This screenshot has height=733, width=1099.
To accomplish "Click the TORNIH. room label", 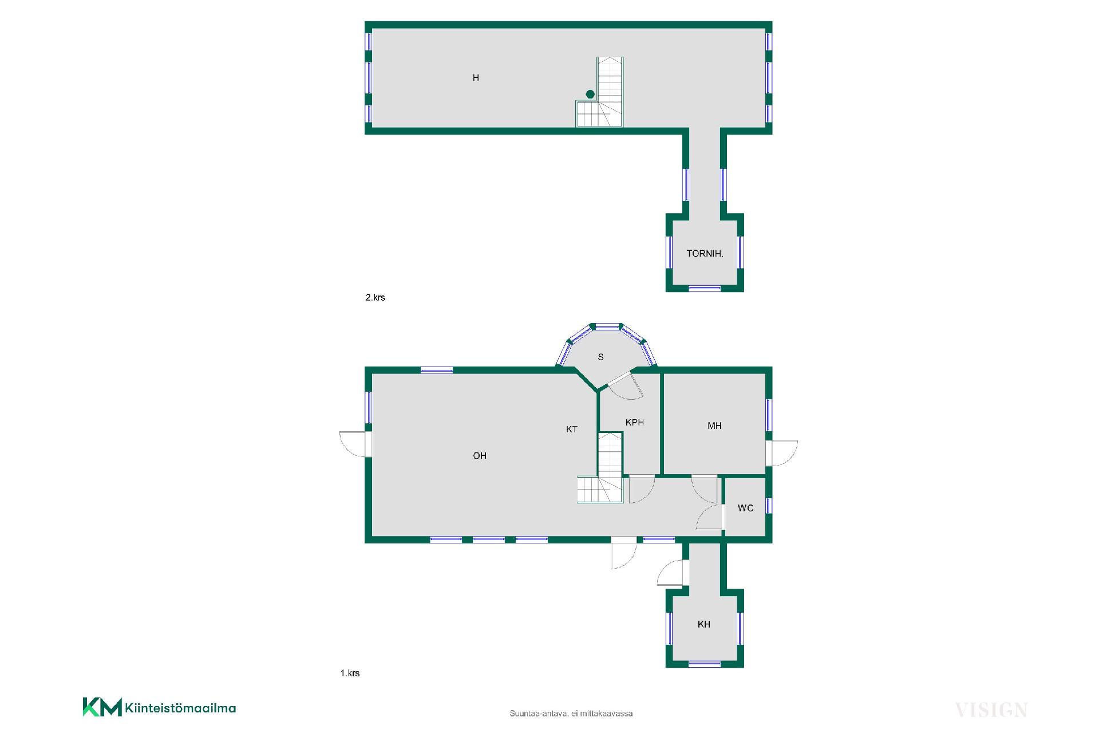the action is click(x=705, y=254).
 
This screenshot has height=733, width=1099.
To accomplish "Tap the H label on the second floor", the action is click(x=476, y=78).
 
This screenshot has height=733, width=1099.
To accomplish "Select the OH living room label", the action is click(x=480, y=456).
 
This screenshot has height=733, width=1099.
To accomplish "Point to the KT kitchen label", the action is click(x=572, y=429).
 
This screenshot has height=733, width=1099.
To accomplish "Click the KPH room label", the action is click(x=635, y=423).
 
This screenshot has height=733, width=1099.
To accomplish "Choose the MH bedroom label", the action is click(x=714, y=426).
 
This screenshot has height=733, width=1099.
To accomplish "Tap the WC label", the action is click(x=745, y=509).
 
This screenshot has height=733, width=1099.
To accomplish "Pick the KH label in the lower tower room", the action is click(x=704, y=625).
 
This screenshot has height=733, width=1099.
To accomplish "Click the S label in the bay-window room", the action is click(x=600, y=357).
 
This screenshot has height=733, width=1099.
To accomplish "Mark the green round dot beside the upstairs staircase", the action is click(x=590, y=94).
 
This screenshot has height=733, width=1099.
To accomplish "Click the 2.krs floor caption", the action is click(x=375, y=298).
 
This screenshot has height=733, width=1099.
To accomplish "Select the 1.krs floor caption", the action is click(x=350, y=673).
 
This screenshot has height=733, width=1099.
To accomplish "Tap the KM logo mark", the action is click(x=102, y=707).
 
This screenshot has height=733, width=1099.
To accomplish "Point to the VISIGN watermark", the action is click(x=991, y=710).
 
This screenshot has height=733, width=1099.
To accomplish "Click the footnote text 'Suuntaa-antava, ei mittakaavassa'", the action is click(x=571, y=714).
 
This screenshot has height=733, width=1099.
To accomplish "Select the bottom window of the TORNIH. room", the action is click(x=705, y=289).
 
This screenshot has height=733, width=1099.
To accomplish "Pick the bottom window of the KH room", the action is click(x=705, y=664).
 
